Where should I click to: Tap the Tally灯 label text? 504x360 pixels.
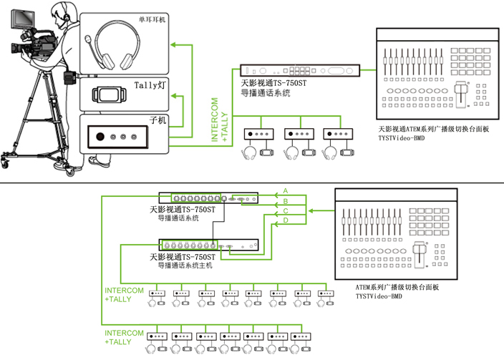(150, 85)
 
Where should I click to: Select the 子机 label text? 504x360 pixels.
(157, 120)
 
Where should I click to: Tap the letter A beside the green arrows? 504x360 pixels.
(286, 191)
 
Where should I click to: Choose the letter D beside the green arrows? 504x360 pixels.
(286, 221)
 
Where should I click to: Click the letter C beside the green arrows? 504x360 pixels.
(286, 211)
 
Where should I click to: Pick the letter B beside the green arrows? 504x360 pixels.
(286, 201)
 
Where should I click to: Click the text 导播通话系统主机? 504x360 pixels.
(185, 265)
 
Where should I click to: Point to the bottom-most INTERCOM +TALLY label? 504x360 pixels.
(124, 337)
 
